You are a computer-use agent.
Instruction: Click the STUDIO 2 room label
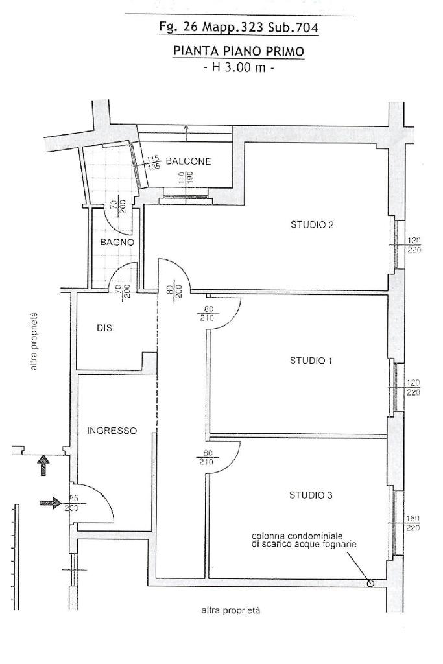tap(311, 225)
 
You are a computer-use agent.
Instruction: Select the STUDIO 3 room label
tap(311, 495)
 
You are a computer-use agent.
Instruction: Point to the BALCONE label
tap(188, 161)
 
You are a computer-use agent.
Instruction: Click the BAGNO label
tap(117, 242)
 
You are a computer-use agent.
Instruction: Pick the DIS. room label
tap(106, 328)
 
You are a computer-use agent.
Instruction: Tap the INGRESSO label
tap(112, 430)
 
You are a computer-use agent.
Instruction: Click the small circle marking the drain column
tap(370, 583)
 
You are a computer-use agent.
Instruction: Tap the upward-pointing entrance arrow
tap(44, 465)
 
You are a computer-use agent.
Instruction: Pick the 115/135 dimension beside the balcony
tap(152, 162)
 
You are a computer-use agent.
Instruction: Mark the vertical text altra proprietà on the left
tap(34, 341)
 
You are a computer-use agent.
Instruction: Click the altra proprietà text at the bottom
tap(231, 610)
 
